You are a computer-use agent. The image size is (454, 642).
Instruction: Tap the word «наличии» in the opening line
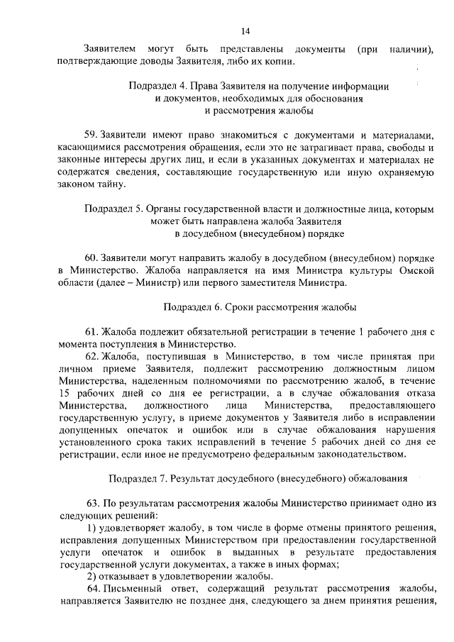tap(411, 50)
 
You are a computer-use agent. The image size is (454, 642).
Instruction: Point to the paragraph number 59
tap(90, 135)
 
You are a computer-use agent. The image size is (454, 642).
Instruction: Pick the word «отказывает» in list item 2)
tap(123, 575)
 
